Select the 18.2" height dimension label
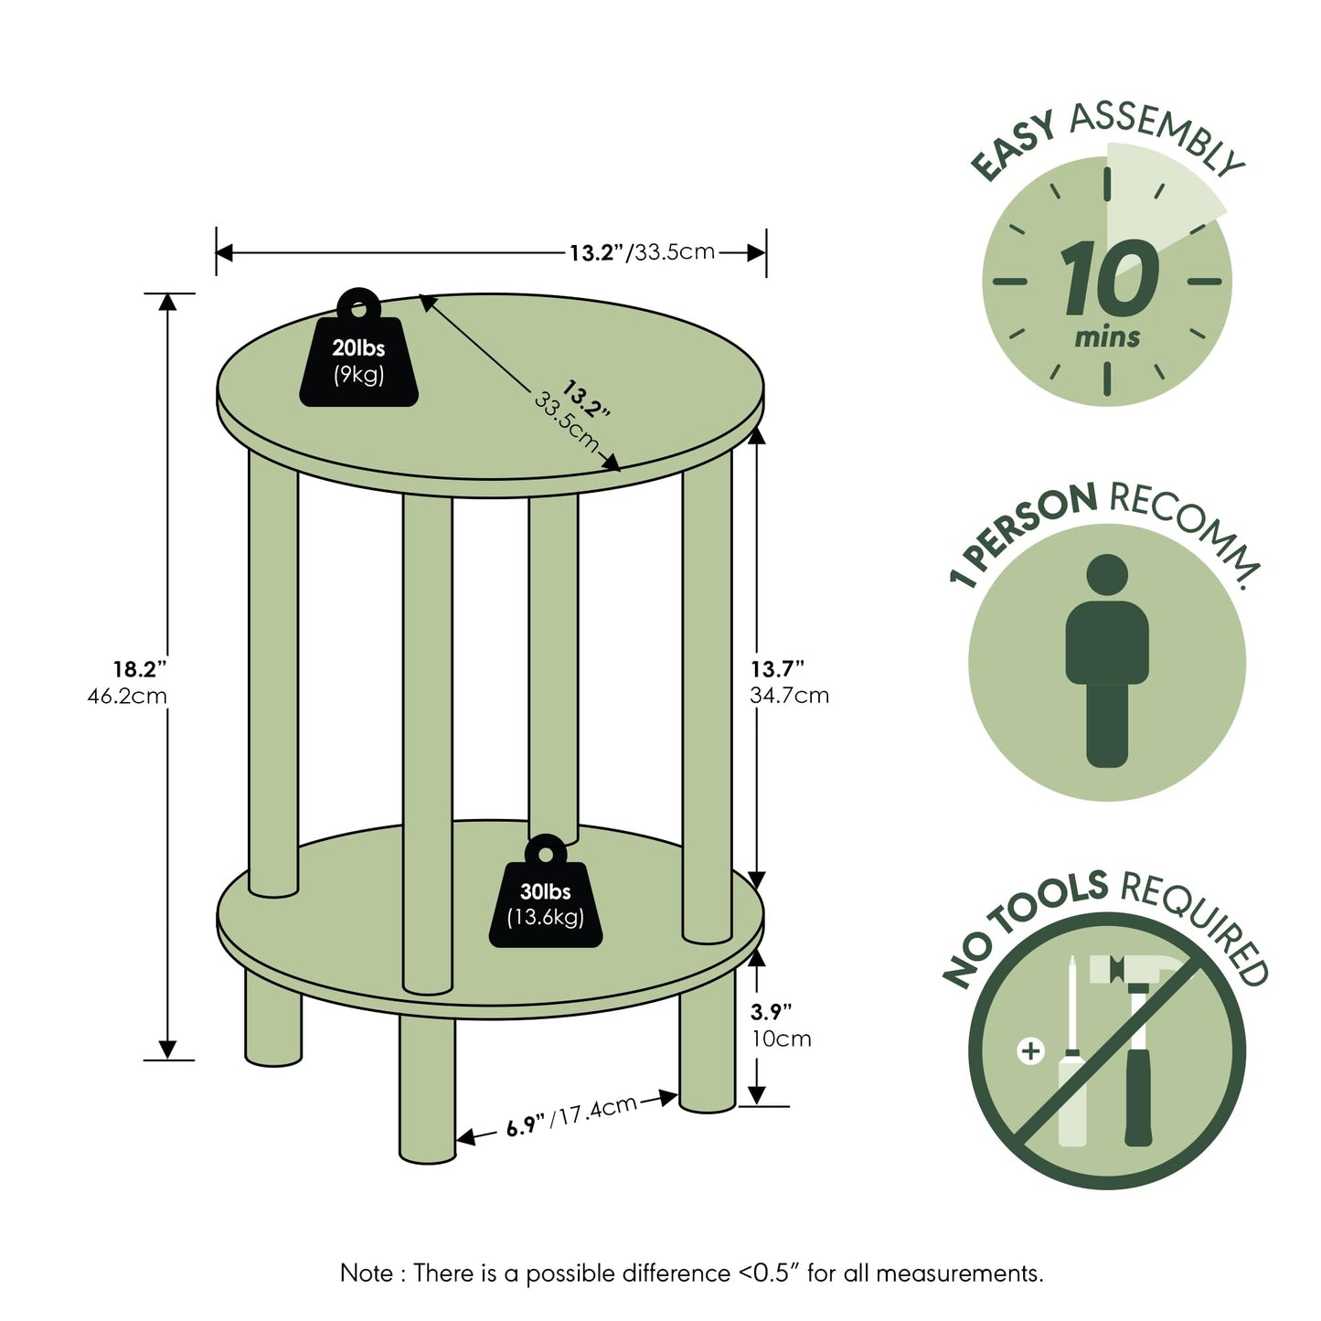click(x=140, y=668)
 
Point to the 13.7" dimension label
click(x=777, y=668)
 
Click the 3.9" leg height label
click(x=771, y=1011)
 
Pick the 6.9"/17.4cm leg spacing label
click(x=571, y=1116)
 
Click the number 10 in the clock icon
click(x=1109, y=278)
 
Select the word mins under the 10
click(x=1107, y=337)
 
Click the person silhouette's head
click(x=1107, y=574)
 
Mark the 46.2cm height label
click(x=127, y=697)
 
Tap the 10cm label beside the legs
click(x=782, y=1039)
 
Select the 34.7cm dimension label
click(x=790, y=696)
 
